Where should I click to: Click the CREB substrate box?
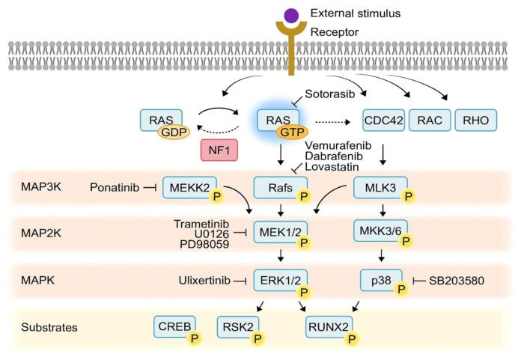coord(174,326)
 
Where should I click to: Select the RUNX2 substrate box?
coord(329,326)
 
